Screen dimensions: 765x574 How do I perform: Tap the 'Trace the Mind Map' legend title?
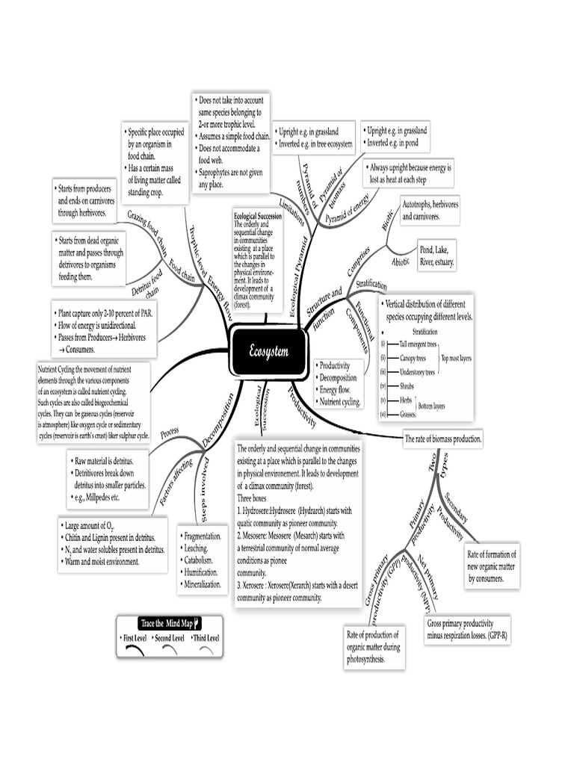point(170,623)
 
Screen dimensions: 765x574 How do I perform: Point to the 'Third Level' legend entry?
point(205,639)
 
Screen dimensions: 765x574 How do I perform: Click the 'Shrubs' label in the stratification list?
point(408,385)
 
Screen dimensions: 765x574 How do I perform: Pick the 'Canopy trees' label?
point(417,358)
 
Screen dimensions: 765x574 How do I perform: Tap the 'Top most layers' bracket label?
point(456,358)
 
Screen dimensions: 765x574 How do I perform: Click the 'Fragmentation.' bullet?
point(201,536)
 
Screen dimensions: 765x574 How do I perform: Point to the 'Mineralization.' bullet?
point(201,584)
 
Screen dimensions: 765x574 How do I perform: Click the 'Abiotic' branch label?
point(401,262)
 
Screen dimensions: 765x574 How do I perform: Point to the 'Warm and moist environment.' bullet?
point(105,561)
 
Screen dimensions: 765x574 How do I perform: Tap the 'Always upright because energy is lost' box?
point(410,173)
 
